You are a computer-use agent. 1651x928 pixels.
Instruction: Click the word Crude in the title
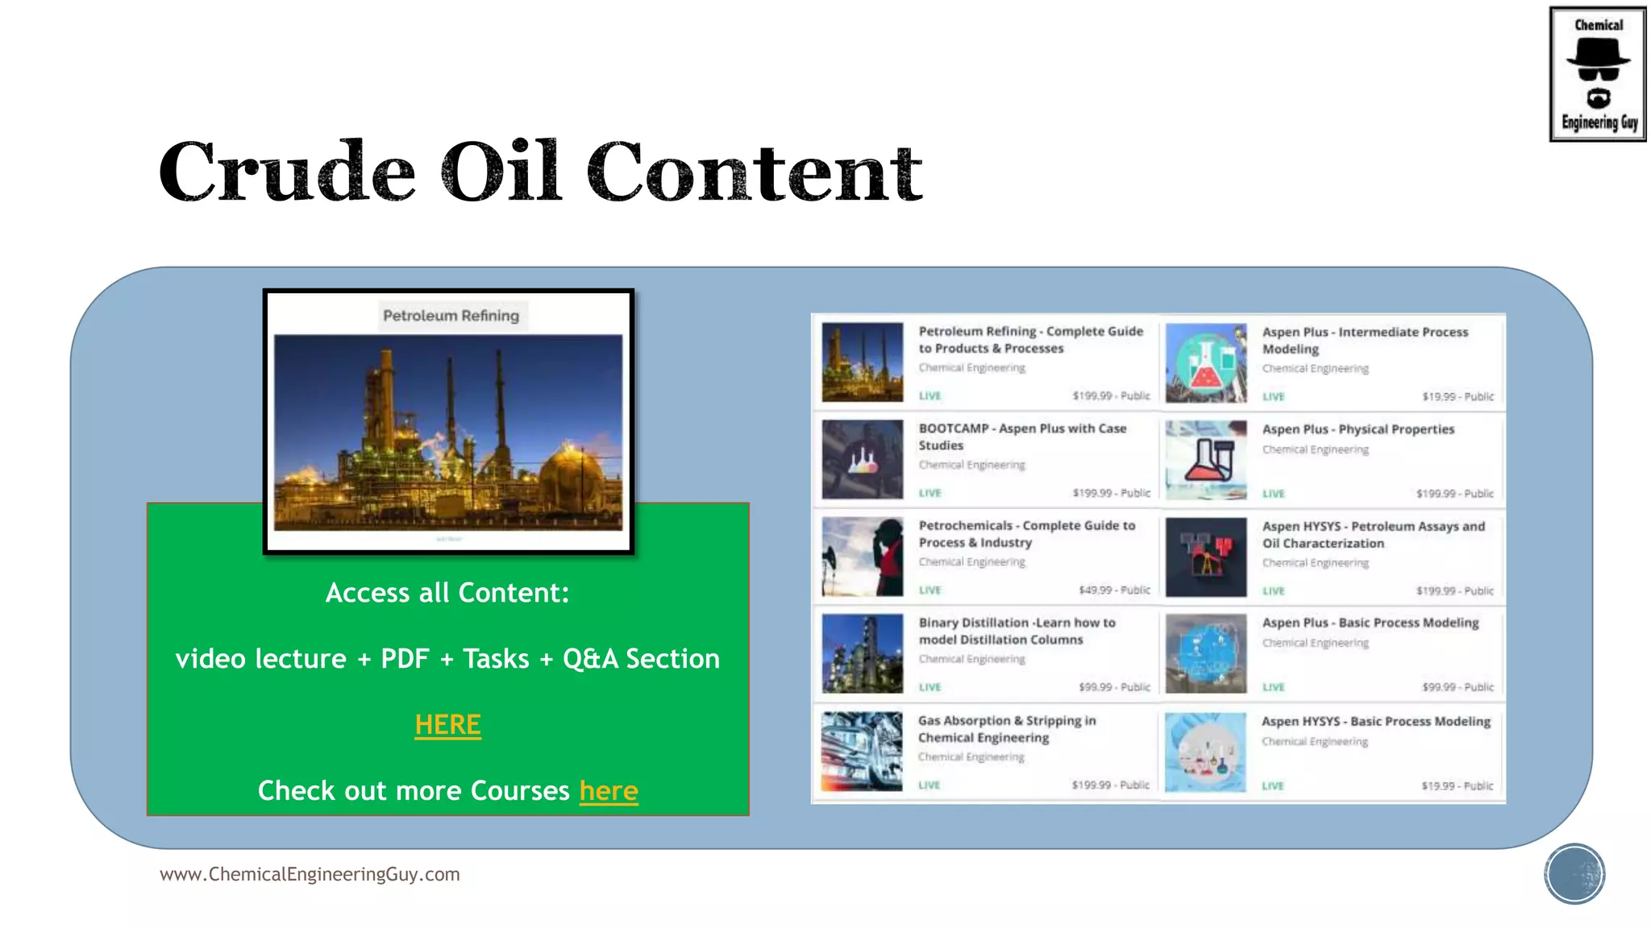tap(287, 172)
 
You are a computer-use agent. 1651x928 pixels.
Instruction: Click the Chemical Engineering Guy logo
tap(1597, 74)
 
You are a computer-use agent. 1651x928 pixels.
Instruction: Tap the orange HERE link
tap(447, 725)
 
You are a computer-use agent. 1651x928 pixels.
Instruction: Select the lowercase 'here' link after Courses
tap(609, 791)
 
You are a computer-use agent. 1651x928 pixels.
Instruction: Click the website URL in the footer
tap(310, 875)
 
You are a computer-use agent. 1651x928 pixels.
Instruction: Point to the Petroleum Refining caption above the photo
tap(451, 316)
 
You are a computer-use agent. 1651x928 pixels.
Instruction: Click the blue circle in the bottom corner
tap(1574, 874)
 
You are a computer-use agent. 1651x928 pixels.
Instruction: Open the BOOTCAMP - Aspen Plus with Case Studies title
tap(1022, 437)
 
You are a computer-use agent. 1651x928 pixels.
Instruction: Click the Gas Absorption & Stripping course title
tap(1007, 729)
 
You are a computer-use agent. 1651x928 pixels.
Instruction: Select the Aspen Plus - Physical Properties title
tap(1358, 429)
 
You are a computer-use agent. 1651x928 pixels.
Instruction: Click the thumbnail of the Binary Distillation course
tap(862, 654)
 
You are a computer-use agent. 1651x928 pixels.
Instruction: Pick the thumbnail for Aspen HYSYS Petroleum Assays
tap(1206, 557)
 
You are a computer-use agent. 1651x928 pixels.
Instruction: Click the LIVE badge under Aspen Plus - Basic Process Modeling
tap(1274, 687)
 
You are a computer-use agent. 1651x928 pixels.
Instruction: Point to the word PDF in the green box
tap(405, 659)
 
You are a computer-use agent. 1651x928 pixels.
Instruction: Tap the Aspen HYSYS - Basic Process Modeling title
tap(1375, 722)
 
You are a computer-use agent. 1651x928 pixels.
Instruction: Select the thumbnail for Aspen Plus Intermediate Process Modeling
tap(1206, 363)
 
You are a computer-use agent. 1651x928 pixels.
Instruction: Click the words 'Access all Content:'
tap(447, 593)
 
